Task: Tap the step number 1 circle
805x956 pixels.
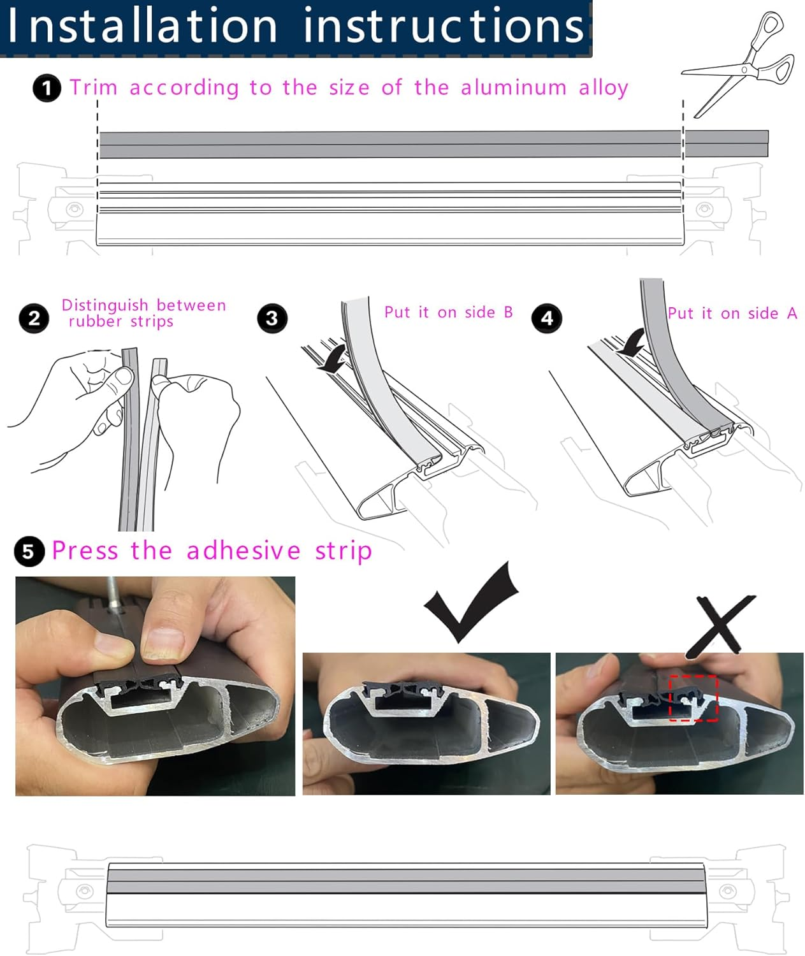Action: pos(47,88)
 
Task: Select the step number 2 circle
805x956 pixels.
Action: pos(34,318)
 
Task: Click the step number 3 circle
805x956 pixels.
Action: pos(272,318)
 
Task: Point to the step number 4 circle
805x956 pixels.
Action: pos(547,318)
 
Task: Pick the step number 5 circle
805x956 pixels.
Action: pos(29,551)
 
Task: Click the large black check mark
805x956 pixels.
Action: pos(472,602)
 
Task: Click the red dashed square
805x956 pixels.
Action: pos(693,698)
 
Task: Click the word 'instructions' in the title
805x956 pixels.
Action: pos(444,27)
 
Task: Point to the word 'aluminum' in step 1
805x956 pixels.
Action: pos(514,87)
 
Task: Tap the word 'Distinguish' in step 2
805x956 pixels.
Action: pos(105,305)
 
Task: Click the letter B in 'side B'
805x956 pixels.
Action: pos(508,312)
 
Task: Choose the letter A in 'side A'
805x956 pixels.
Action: pos(792,314)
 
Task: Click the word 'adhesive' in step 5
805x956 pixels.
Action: pos(243,551)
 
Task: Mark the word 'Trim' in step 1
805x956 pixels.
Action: pos(93,87)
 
